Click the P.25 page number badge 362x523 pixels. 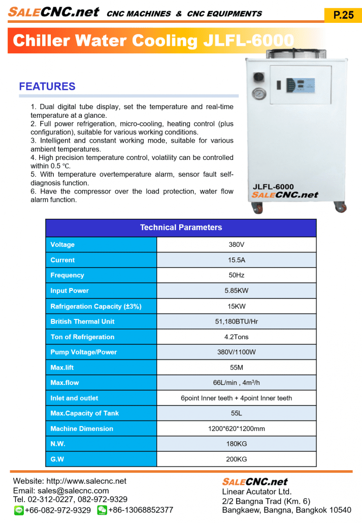(343, 15)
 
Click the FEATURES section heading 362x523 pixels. (47, 87)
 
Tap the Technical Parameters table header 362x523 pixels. (181, 227)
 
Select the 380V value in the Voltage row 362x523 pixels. (236, 245)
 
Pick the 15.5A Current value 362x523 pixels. (236, 260)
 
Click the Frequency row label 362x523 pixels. (67, 275)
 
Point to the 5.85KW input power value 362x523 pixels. (236, 291)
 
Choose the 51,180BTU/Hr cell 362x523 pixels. (236, 321)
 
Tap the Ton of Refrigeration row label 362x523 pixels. (82, 337)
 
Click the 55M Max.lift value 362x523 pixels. (236, 368)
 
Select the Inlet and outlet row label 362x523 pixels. (74, 398)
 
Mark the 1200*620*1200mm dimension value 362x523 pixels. (236, 429)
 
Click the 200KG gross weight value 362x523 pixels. (236, 460)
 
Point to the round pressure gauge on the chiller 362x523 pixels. (258, 94)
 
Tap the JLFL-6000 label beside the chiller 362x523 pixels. (273, 186)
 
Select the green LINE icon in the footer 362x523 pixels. (18, 510)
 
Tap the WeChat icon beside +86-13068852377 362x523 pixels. (102, 510)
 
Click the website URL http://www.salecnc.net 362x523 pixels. (86, 481)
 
